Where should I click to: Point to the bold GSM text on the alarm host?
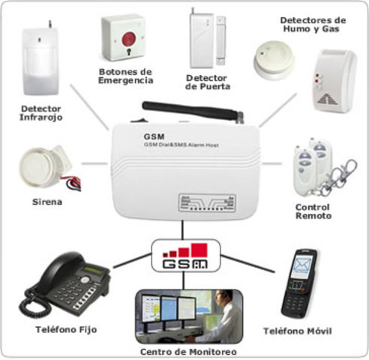(152, 136)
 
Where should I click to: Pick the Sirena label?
(46, 202)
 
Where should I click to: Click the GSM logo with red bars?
(184, 256)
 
